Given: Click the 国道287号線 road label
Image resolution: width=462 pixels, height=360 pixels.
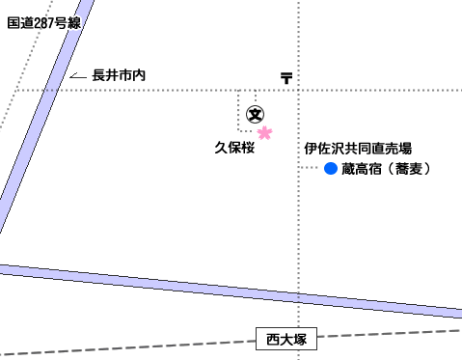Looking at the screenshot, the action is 44,23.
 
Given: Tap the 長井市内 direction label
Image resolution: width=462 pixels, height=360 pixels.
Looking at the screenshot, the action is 119,75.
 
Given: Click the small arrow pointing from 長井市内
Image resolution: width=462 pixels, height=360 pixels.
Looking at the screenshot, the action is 78,76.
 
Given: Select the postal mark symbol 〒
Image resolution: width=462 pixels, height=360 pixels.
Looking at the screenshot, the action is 286,78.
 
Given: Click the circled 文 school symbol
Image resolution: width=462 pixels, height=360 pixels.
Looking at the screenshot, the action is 256,115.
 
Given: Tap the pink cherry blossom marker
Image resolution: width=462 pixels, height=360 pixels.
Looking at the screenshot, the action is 264,132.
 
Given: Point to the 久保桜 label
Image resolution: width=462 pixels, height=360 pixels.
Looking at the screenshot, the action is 234,148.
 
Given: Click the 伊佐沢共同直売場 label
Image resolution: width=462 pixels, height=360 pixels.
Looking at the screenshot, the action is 358,149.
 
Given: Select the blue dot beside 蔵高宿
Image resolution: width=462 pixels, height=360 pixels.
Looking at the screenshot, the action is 331,168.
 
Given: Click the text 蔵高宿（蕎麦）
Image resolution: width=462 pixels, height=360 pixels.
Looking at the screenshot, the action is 386,169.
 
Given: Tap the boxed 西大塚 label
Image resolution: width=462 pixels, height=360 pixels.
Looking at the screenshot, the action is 286,339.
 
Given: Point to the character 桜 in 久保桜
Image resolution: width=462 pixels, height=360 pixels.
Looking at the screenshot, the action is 248,148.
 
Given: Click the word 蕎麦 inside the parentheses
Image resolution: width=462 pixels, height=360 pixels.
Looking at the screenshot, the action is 409,169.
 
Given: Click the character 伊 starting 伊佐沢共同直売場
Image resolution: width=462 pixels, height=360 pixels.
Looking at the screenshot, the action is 311,149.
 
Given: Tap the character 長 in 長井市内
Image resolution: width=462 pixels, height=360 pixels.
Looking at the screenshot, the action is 98,75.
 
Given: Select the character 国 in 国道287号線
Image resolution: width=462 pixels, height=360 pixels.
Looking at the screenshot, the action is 14,23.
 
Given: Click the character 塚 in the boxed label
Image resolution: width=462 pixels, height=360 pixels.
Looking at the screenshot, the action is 300,339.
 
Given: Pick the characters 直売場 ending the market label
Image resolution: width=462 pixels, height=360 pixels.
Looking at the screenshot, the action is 392,149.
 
